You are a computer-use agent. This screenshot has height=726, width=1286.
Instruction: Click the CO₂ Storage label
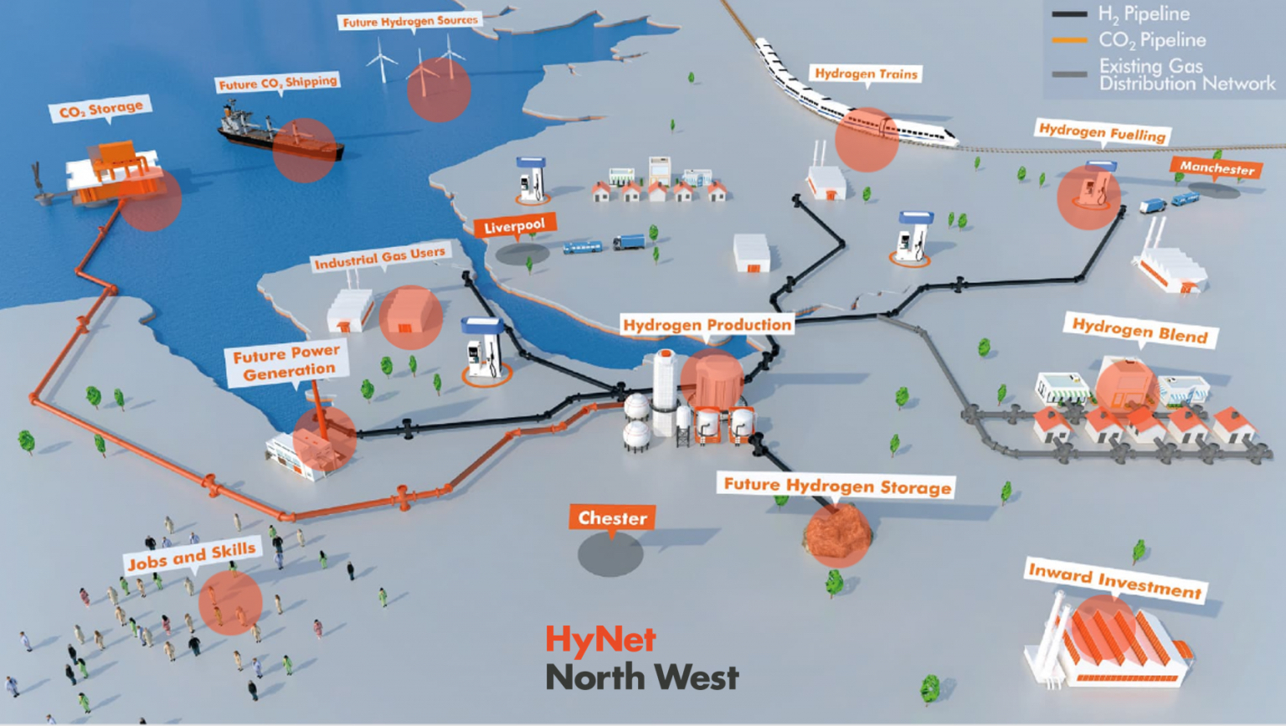(x=100, y=108)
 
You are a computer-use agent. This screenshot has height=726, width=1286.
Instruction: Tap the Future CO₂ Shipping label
(x=278, y=83)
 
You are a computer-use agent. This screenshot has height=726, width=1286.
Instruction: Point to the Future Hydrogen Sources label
(x=410, y=21)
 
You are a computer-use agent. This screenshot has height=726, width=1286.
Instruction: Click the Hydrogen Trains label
(x=867, y=74)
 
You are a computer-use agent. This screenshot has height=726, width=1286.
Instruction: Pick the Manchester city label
(x=1217, y=167)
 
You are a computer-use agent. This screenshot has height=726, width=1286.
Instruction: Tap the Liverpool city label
(x=514, y=226)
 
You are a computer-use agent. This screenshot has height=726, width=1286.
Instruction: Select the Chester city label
(x=612, y=518)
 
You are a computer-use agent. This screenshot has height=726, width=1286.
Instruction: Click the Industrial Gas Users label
(x=380, y=257)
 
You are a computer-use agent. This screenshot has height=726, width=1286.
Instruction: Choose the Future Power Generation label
(x=286, y=363)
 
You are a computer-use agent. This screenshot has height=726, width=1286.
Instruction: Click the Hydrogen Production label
(x=707, y=325)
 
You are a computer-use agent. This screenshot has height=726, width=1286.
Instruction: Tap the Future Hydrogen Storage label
(x=836, y=486)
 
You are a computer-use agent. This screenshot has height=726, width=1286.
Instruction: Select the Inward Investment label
(x=1115, y=580)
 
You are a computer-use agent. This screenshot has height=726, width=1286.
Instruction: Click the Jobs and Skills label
(x=192, y=555)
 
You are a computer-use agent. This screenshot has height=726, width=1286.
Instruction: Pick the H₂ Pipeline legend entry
(x=1121, y=14)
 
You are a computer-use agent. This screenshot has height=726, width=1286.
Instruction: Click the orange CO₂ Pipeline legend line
(x=1069, y=40)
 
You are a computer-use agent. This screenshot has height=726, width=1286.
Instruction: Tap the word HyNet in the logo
(x=600, y=639)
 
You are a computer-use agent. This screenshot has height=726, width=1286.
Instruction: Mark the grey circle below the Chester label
(x=610, y=554)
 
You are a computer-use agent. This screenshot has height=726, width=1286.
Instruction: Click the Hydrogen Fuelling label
(x=1103, y=132)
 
